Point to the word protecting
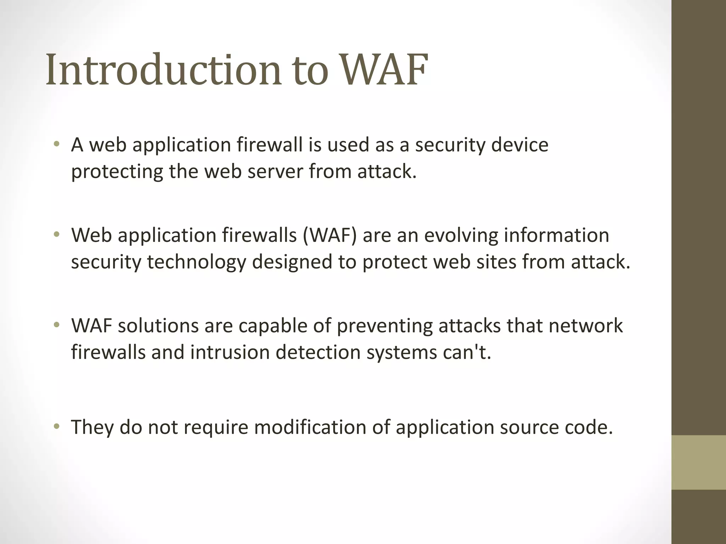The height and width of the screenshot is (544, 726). (117, 172)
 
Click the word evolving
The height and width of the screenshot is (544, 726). (461, 235)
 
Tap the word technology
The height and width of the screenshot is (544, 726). (196, 262)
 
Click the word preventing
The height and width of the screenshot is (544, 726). (385, 326)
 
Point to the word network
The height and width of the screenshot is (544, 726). (585, 326)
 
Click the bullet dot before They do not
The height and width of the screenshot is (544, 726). (56, 427)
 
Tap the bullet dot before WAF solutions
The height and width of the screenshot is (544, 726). (56, 325)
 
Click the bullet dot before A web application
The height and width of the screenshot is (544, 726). (56, 144)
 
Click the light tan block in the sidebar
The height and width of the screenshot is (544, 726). (699, 462)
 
